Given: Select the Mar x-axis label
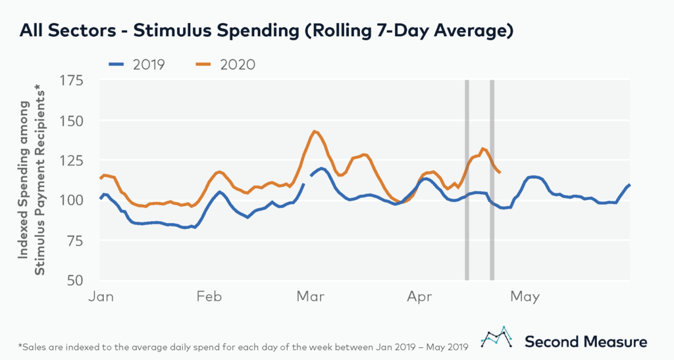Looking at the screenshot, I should click(x=310, y=297).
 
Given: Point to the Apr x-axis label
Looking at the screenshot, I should click(x=420, y=297).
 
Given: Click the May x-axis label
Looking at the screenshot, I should click(x=524, y=297).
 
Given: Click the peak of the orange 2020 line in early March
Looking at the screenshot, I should click(x=315, y=132).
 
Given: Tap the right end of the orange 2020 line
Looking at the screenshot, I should click(x=500, y=172).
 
